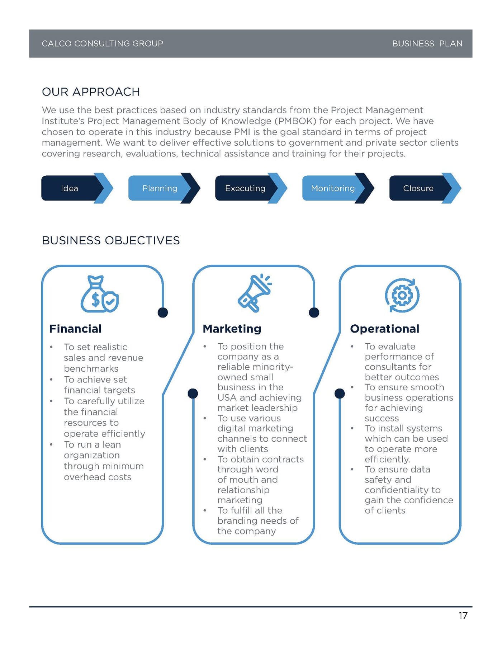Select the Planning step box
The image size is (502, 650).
point(160,188)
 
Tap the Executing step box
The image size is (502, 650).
point(245,188)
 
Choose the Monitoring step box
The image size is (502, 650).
point(333,188)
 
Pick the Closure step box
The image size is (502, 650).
point(418,188)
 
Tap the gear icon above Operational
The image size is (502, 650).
point(402,296)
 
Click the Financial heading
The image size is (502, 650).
point(75,329)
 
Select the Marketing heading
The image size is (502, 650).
point(232,329)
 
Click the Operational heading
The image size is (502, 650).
point(384,329)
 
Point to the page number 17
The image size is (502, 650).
point(463,616)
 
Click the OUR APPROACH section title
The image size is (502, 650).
point(91,92)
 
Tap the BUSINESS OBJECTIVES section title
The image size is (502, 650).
point(111,240)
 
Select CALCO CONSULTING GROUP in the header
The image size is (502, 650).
point(102,44)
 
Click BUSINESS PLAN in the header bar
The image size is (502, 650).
point(427,44)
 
